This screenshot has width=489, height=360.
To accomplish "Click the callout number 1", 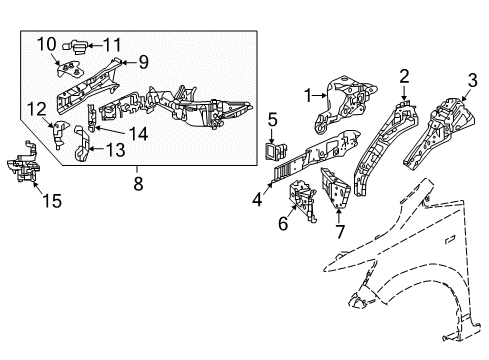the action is tap(308, 96).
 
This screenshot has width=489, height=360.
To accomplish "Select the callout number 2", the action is tap(404, 77).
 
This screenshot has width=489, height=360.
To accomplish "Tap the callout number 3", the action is tap(473, 80).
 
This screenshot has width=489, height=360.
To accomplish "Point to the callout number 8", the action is tap(138, 183).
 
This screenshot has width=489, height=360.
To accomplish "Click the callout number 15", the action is tap(52, 201).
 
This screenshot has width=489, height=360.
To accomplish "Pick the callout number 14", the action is tap(138, 134).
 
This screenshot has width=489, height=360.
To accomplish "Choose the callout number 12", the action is tap(37, 109).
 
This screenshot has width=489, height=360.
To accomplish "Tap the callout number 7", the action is tap(340, 232).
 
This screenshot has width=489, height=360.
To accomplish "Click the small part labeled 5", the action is tap(277, 150).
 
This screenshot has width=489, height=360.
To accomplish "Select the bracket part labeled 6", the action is tap(302, 200).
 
